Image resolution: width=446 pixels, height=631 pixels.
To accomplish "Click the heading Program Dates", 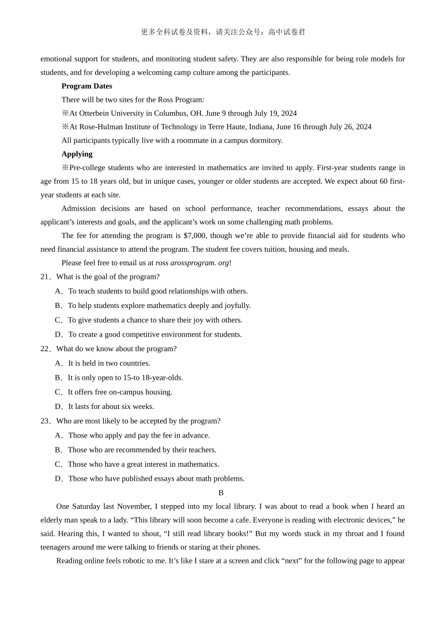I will point(86,86).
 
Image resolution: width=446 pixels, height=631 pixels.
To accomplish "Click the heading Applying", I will point(77,154).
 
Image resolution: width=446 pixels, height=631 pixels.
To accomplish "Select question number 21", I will point(46,277).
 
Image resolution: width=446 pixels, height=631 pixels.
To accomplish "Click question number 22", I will point(46,349).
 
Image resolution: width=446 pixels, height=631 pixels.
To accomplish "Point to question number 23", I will point(46,421).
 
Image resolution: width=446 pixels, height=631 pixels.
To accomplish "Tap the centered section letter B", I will point(221,493).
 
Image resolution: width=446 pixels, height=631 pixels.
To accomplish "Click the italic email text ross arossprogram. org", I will point(192,263).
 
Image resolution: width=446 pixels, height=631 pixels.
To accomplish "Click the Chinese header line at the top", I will point(223,32).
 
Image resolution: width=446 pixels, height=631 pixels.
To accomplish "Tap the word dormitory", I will point(266,140).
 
